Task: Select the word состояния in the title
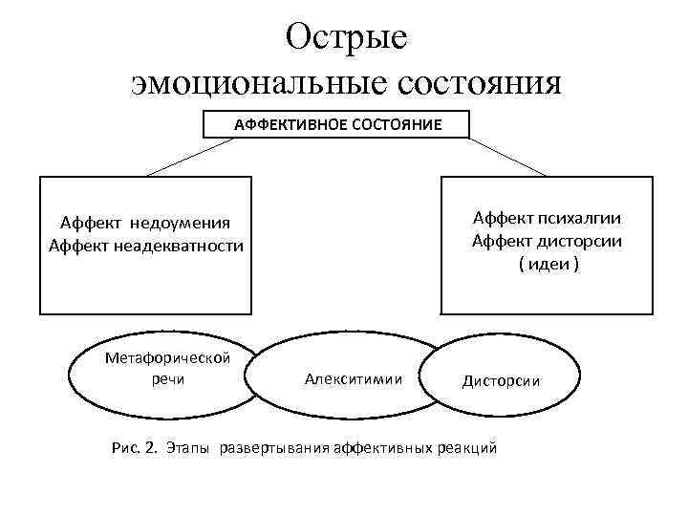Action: [x=472, y=84]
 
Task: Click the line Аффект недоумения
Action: [x=145, y=224]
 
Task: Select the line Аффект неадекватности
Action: [x=146, y=246]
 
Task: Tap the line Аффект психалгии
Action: [x=547, y=219]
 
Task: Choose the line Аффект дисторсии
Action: [x=547, y=241]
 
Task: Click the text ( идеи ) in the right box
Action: [x=548, y=263]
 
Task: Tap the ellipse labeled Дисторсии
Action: [x=500, y=379]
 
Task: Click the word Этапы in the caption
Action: [x=189, y=447]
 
